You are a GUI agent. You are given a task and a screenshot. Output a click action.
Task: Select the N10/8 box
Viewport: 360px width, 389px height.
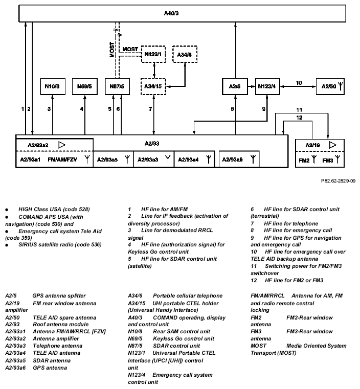52,86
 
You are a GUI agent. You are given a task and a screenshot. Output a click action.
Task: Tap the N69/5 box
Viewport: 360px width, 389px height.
85,86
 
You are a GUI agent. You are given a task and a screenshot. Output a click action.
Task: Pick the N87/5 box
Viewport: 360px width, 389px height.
117,86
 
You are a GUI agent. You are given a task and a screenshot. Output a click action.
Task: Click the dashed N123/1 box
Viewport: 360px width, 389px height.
153,54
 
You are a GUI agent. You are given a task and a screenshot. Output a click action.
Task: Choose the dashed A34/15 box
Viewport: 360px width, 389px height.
153,86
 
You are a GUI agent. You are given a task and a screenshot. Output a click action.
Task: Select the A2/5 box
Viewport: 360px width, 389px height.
235,86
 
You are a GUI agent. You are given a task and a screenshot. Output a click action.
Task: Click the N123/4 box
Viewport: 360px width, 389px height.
267,86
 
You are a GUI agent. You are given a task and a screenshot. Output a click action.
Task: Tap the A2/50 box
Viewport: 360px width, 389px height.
332,86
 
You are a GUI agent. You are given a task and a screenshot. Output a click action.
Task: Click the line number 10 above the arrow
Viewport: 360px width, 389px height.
299,82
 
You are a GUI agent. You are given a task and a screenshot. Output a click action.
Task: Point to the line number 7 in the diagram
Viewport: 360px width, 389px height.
150,109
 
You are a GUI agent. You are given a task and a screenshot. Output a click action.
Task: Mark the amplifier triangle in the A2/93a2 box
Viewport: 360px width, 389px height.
62,145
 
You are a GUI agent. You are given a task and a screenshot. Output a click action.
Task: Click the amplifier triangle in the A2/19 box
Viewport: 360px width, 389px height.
333,145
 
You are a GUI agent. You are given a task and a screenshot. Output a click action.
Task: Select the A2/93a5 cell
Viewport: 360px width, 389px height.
113,159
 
